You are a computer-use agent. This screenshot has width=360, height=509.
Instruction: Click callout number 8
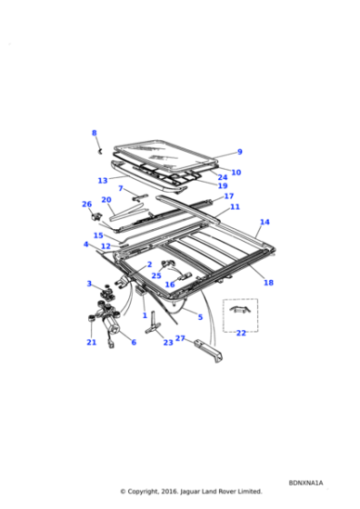(x=94, y=133)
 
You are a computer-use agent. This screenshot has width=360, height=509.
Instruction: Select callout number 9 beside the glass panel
(x=239, y=152)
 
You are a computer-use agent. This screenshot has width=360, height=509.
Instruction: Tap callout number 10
(x=235, y=172)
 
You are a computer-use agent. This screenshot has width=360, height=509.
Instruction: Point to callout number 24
(x=223, y=178)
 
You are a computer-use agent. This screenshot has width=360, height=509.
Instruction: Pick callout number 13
(x=103, y=180)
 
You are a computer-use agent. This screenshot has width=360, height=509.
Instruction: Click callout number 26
(x=87, y=205)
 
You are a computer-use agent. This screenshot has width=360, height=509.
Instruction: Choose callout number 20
(x=106, y=200)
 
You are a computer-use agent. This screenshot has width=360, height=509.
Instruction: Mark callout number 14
(x=265, y=222)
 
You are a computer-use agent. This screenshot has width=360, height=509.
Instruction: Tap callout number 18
(x=268, y=283)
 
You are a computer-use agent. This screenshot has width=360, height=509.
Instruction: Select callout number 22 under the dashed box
(x=241, y=333)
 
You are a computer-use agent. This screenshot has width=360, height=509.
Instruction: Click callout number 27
(x=180, y=338)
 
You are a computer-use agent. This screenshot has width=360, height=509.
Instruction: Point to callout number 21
(x=91, y=343)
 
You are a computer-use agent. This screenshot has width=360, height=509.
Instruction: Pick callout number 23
(x=168, y=343)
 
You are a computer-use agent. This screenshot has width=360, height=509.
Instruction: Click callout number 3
(x=89, y=284)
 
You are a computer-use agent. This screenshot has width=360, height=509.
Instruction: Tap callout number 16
(x=170, y=284)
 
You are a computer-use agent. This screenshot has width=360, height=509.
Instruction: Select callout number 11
(x=235, y=207)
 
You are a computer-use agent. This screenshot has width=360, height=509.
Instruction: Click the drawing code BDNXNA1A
(x=306, y=483)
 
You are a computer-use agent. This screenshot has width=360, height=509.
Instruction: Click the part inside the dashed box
(x=239, y=310)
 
